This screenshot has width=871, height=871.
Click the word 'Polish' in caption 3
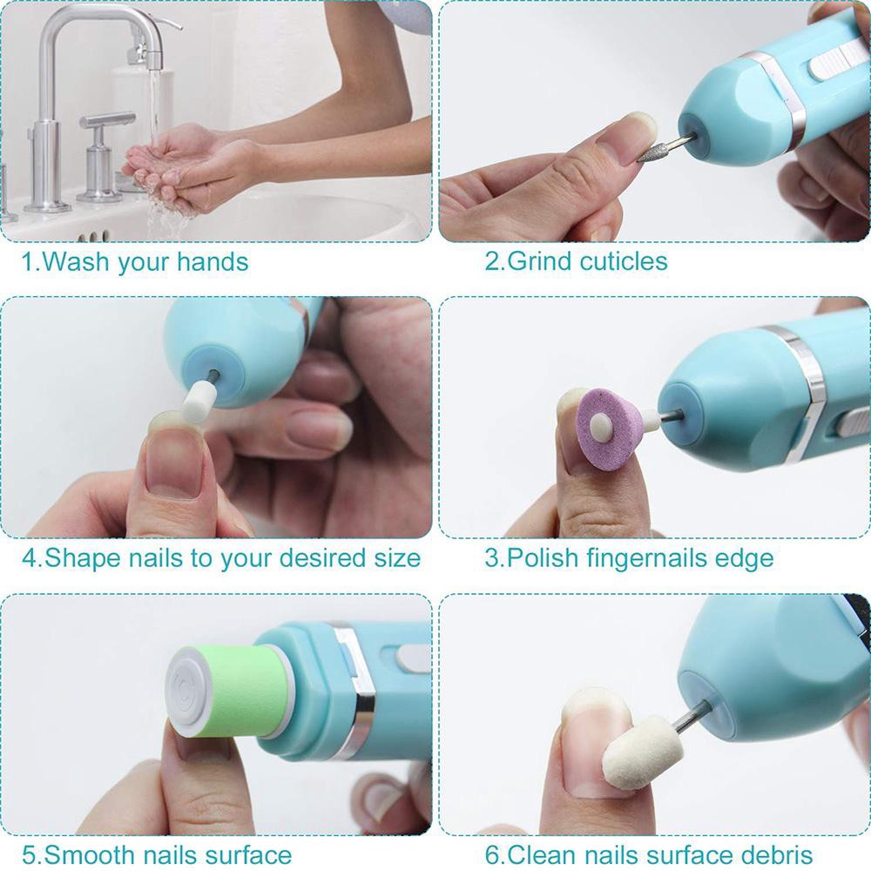(x=542, y=557)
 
